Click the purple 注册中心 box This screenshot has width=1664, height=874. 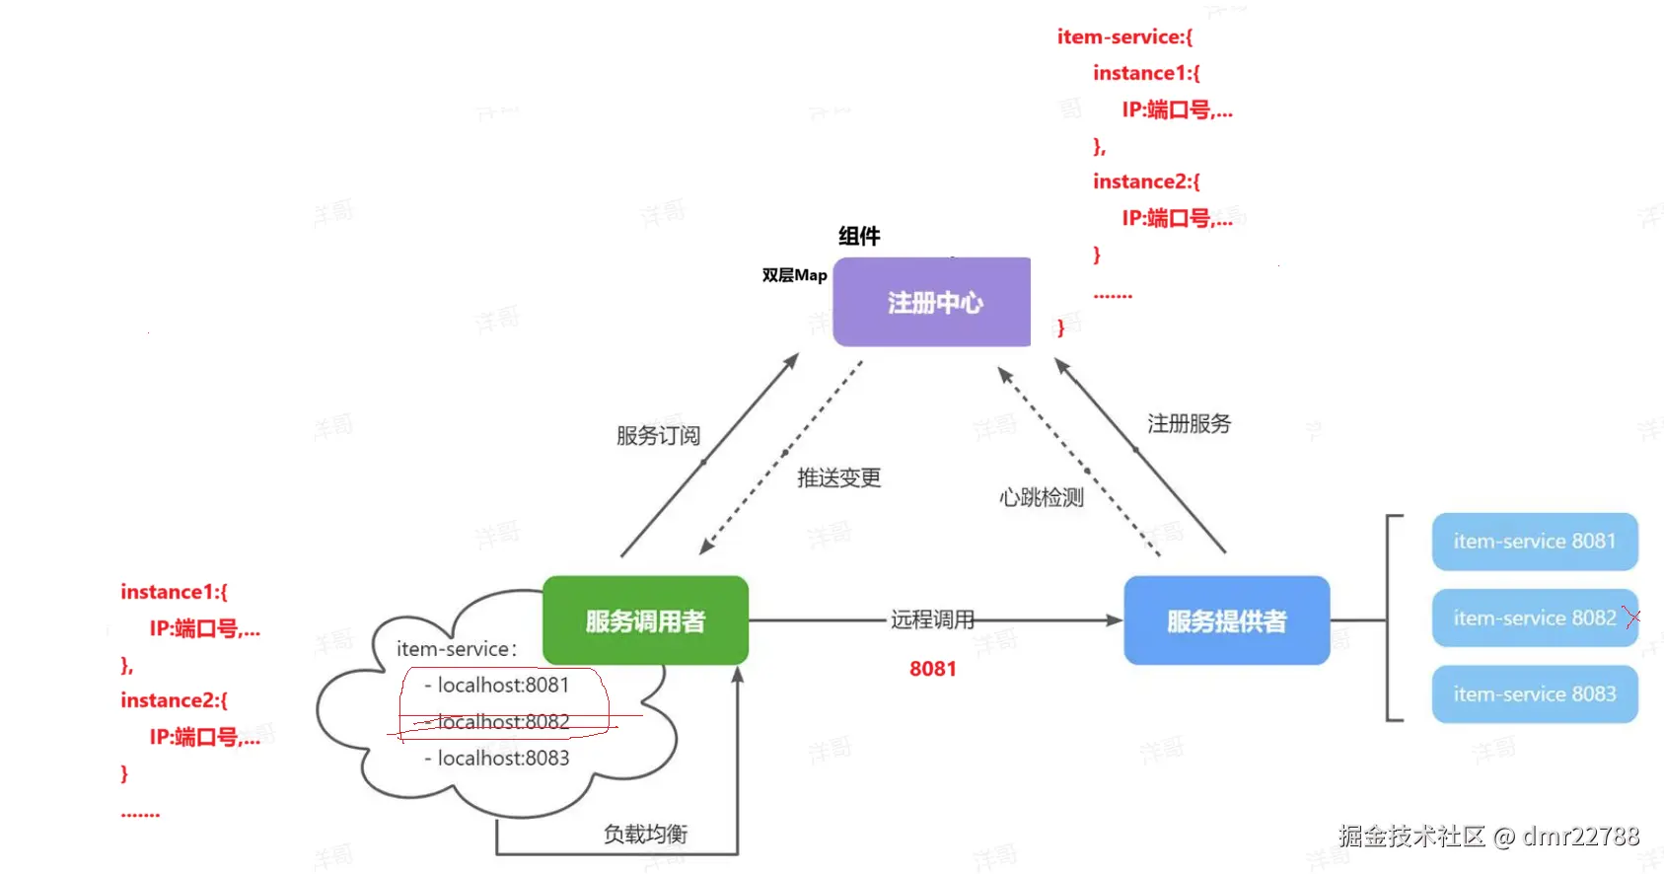coord(931,302)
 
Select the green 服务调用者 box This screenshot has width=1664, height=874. coord(645,619)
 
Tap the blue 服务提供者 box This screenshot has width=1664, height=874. coord(1226,619)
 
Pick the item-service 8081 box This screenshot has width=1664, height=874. coord(1535,541)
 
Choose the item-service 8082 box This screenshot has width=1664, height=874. coord(1535,618)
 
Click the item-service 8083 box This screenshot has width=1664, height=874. coord(1535,694)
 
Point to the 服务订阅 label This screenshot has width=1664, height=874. coord(658,435)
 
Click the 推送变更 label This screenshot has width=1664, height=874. coord(839,477)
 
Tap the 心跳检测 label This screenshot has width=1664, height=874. coord(1042,497)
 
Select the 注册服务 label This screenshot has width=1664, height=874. coord(1190,423)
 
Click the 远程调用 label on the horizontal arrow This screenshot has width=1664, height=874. coord(932,619)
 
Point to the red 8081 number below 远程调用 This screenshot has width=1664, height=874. coord(933,669)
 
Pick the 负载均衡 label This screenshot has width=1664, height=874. coord(645,834)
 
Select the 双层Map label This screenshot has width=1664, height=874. coord(794,276)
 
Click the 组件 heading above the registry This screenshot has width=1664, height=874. coord(859,237)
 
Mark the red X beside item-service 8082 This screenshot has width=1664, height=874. coord(1632,617)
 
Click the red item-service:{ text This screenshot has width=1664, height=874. coord(1124,37)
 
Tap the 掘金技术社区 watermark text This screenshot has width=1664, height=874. coord(1411,837)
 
